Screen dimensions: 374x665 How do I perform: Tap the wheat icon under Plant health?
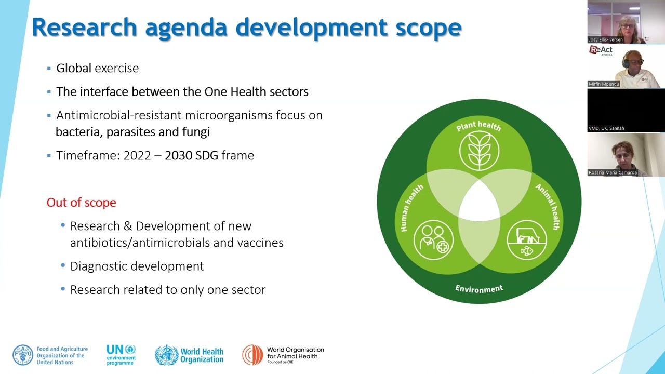[479, 151]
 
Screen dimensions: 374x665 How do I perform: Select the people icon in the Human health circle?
[433, 240]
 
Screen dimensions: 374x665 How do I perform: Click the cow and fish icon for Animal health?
[527, 240]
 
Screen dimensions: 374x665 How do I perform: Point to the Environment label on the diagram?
[479, 288]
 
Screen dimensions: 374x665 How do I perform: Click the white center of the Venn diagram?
[479, 200]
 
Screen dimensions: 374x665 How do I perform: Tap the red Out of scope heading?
[82, 203]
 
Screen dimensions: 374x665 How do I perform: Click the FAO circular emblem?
[23, 355]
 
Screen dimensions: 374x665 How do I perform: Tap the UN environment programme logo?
[121, 355]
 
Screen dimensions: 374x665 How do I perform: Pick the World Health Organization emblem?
[166, 355]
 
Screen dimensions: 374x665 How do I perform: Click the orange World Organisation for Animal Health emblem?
[252, 355]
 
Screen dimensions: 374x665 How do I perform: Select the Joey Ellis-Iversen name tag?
[606, 39]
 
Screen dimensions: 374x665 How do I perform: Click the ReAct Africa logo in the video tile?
[601, 50]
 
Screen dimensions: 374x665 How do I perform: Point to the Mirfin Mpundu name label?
[604, 84]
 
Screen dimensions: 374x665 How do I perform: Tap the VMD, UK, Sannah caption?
[606, 128]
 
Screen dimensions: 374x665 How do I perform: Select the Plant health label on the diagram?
[478, 126]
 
